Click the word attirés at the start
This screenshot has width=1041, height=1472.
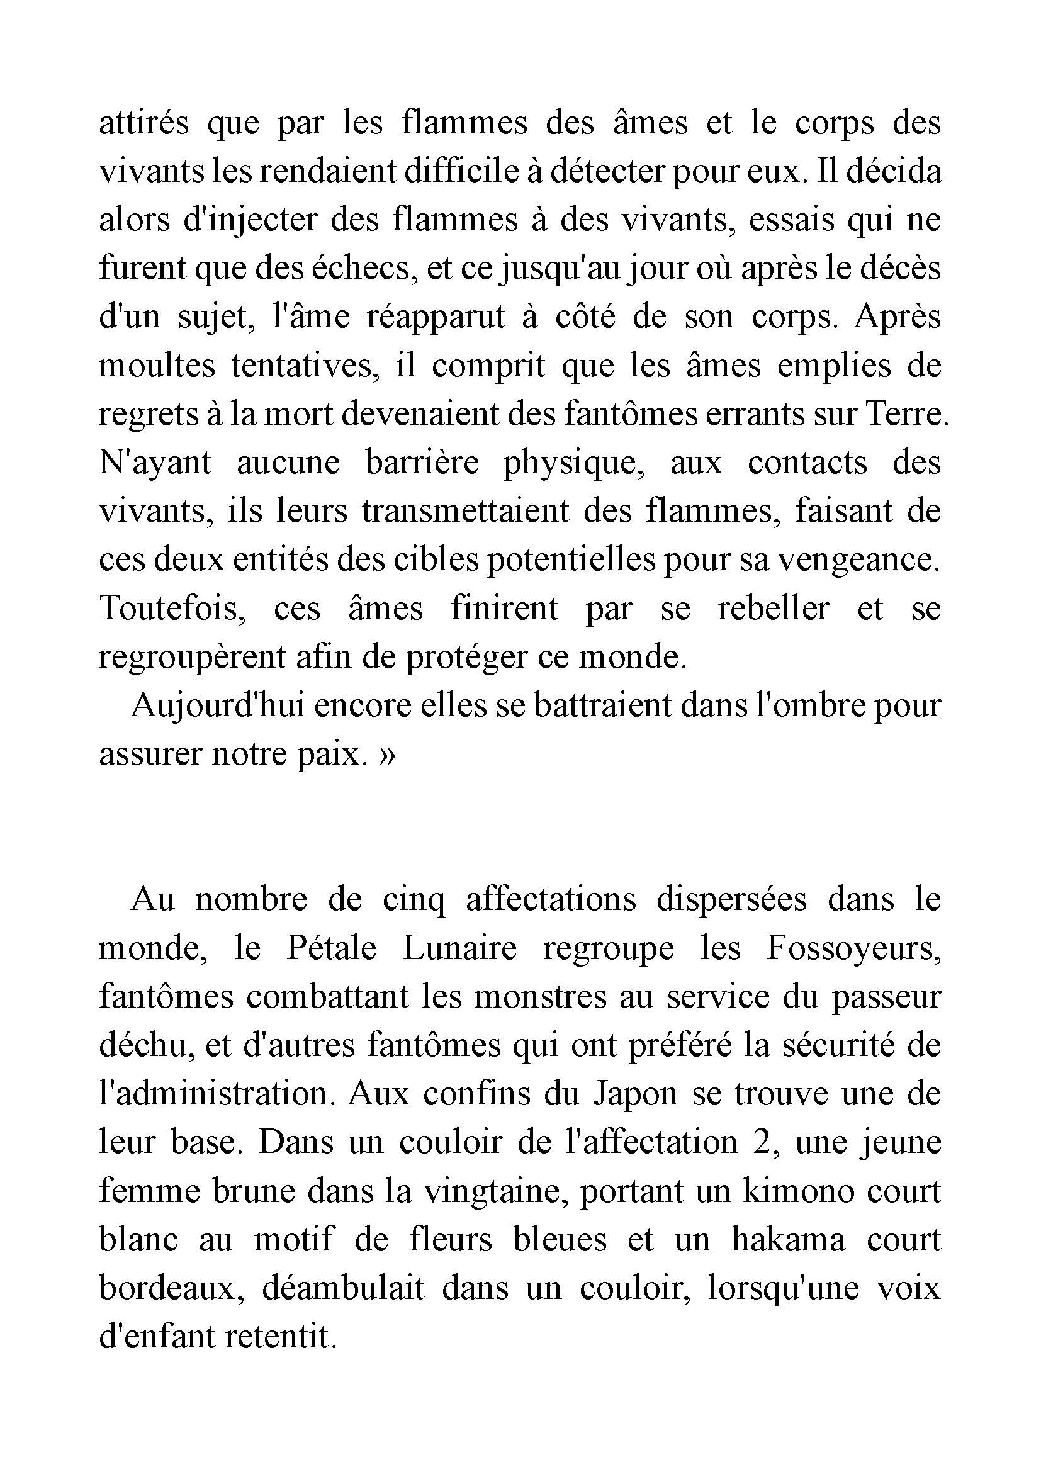pos(143,123)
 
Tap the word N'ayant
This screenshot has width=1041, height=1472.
pos(154,463)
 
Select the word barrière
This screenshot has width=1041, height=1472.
pos(421,463)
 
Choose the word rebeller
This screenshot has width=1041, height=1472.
pos(773,609)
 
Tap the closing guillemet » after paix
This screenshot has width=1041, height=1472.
pos(387,755)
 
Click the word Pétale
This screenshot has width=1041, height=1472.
pos(331,949)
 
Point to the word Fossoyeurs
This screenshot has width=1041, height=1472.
pos(853,949)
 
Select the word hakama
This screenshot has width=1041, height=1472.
pos(788,1240)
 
